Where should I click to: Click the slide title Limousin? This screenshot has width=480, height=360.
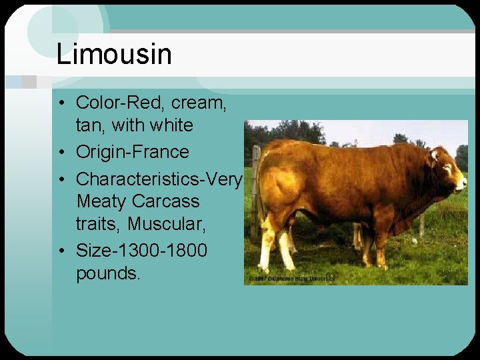(x=114, y=54)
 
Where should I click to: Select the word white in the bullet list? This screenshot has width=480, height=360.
(x=171, y=125)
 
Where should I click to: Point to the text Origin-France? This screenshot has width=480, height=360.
(x=132, y=152)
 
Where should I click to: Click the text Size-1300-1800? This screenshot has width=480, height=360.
(x=141, y=251)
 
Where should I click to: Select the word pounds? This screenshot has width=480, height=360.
(x=108, y=273)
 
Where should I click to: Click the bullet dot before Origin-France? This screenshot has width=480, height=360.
(x=61, y=153)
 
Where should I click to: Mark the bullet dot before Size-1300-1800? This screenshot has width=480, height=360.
(x=61, y=251)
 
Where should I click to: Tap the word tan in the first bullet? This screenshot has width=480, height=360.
(x=89, y=125)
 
